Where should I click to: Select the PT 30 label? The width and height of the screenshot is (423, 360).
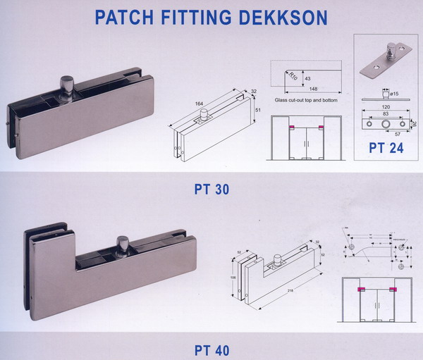pos(212,188)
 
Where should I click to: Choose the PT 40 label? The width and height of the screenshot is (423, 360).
pos(211,349)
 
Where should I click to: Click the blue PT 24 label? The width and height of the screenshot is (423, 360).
pos(386,149)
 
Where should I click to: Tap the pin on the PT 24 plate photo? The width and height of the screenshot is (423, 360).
pos(388,53)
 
